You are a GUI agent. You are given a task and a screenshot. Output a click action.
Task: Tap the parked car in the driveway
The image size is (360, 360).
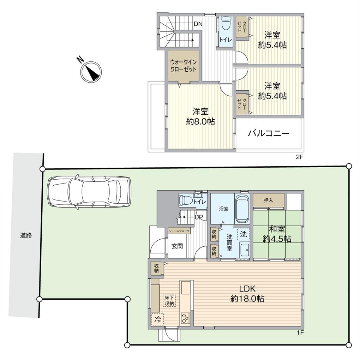tap(89, 192)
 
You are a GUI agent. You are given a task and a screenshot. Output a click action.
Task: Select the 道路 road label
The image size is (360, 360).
tap(26, 235)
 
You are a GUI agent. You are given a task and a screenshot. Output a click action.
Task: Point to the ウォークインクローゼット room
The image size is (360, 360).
tap(183, 66)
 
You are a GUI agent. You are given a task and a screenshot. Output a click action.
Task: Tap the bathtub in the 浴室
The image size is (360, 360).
tap(242, 209)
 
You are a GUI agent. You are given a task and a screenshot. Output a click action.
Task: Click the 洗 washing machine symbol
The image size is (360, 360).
tap(243, 233)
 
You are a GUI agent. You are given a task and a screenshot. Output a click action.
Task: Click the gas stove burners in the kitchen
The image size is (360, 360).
tap(186, 318)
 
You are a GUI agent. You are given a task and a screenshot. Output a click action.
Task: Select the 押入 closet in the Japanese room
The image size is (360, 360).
tap(268, 200)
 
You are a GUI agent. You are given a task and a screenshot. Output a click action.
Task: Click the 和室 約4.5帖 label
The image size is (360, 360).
tap(277, 234)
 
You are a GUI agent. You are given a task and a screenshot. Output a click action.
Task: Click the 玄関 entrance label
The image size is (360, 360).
tap(177, 246)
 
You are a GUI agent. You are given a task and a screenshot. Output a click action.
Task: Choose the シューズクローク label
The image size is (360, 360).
tap(179, 231)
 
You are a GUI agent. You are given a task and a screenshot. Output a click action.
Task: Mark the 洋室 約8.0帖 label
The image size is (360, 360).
tap(200, 116)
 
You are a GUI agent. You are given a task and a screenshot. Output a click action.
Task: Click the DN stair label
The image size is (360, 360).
tap(198, 24)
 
